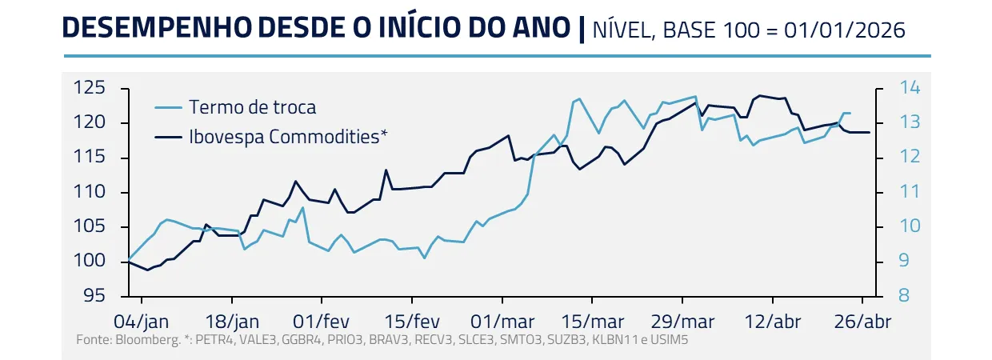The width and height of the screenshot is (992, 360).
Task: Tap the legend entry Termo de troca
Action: [252, 107]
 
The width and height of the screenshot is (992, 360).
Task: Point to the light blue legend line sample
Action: [169, 107]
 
